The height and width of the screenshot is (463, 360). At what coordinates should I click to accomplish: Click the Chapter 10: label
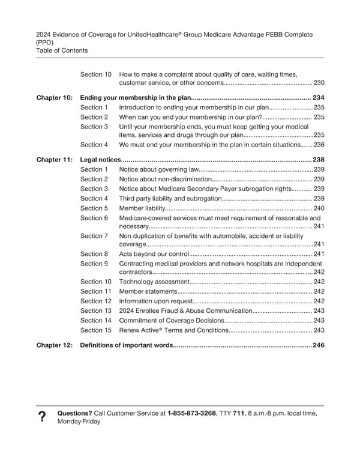point(55,98)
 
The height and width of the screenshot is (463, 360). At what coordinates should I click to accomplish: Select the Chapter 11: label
point(55,160)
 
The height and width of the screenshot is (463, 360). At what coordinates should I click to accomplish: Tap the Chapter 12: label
point(55,345)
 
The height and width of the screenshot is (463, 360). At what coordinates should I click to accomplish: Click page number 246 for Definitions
point(318,345)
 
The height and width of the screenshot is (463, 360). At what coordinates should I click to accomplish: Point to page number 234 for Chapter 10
point(318,98)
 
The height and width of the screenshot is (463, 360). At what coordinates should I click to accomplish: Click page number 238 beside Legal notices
point(318,160)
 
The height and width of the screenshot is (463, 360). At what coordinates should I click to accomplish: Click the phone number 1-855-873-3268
point(192,413)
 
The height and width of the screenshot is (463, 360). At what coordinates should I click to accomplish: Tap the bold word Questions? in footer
point(74,413)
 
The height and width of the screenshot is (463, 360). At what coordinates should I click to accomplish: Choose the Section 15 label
point(96,330)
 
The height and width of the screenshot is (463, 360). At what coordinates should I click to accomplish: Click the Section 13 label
point(96,311)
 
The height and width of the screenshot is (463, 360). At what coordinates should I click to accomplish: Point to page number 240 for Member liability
point(319,208)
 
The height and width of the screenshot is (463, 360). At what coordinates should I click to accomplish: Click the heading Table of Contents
point(62,50)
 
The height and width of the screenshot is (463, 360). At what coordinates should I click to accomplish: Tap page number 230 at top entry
point(319,83)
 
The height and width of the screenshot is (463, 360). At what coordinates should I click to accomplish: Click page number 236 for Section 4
point(319,145)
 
